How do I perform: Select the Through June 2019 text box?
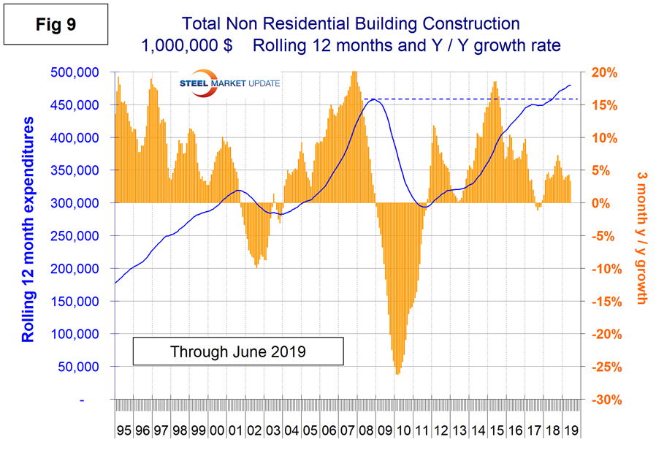(x=238, y=351)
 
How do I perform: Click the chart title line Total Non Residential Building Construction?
(x=342, y=23)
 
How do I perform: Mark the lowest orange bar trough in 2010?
(x=397, y=374)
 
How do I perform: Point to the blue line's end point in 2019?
(x=571, y=85)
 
